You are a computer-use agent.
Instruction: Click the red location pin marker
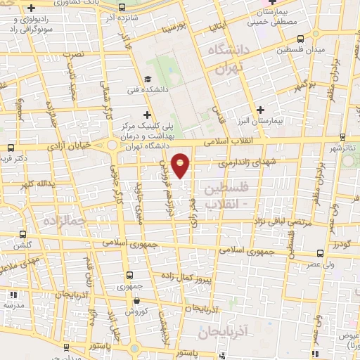coord(181,165)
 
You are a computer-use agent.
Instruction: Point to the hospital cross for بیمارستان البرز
coord(260,110)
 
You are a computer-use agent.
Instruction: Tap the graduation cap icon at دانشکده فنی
coord(148,79)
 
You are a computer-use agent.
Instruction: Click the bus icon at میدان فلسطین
coord(300,39)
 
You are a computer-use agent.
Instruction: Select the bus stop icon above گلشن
coord(24,234)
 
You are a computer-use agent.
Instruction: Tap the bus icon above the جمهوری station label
coord(129,276)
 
